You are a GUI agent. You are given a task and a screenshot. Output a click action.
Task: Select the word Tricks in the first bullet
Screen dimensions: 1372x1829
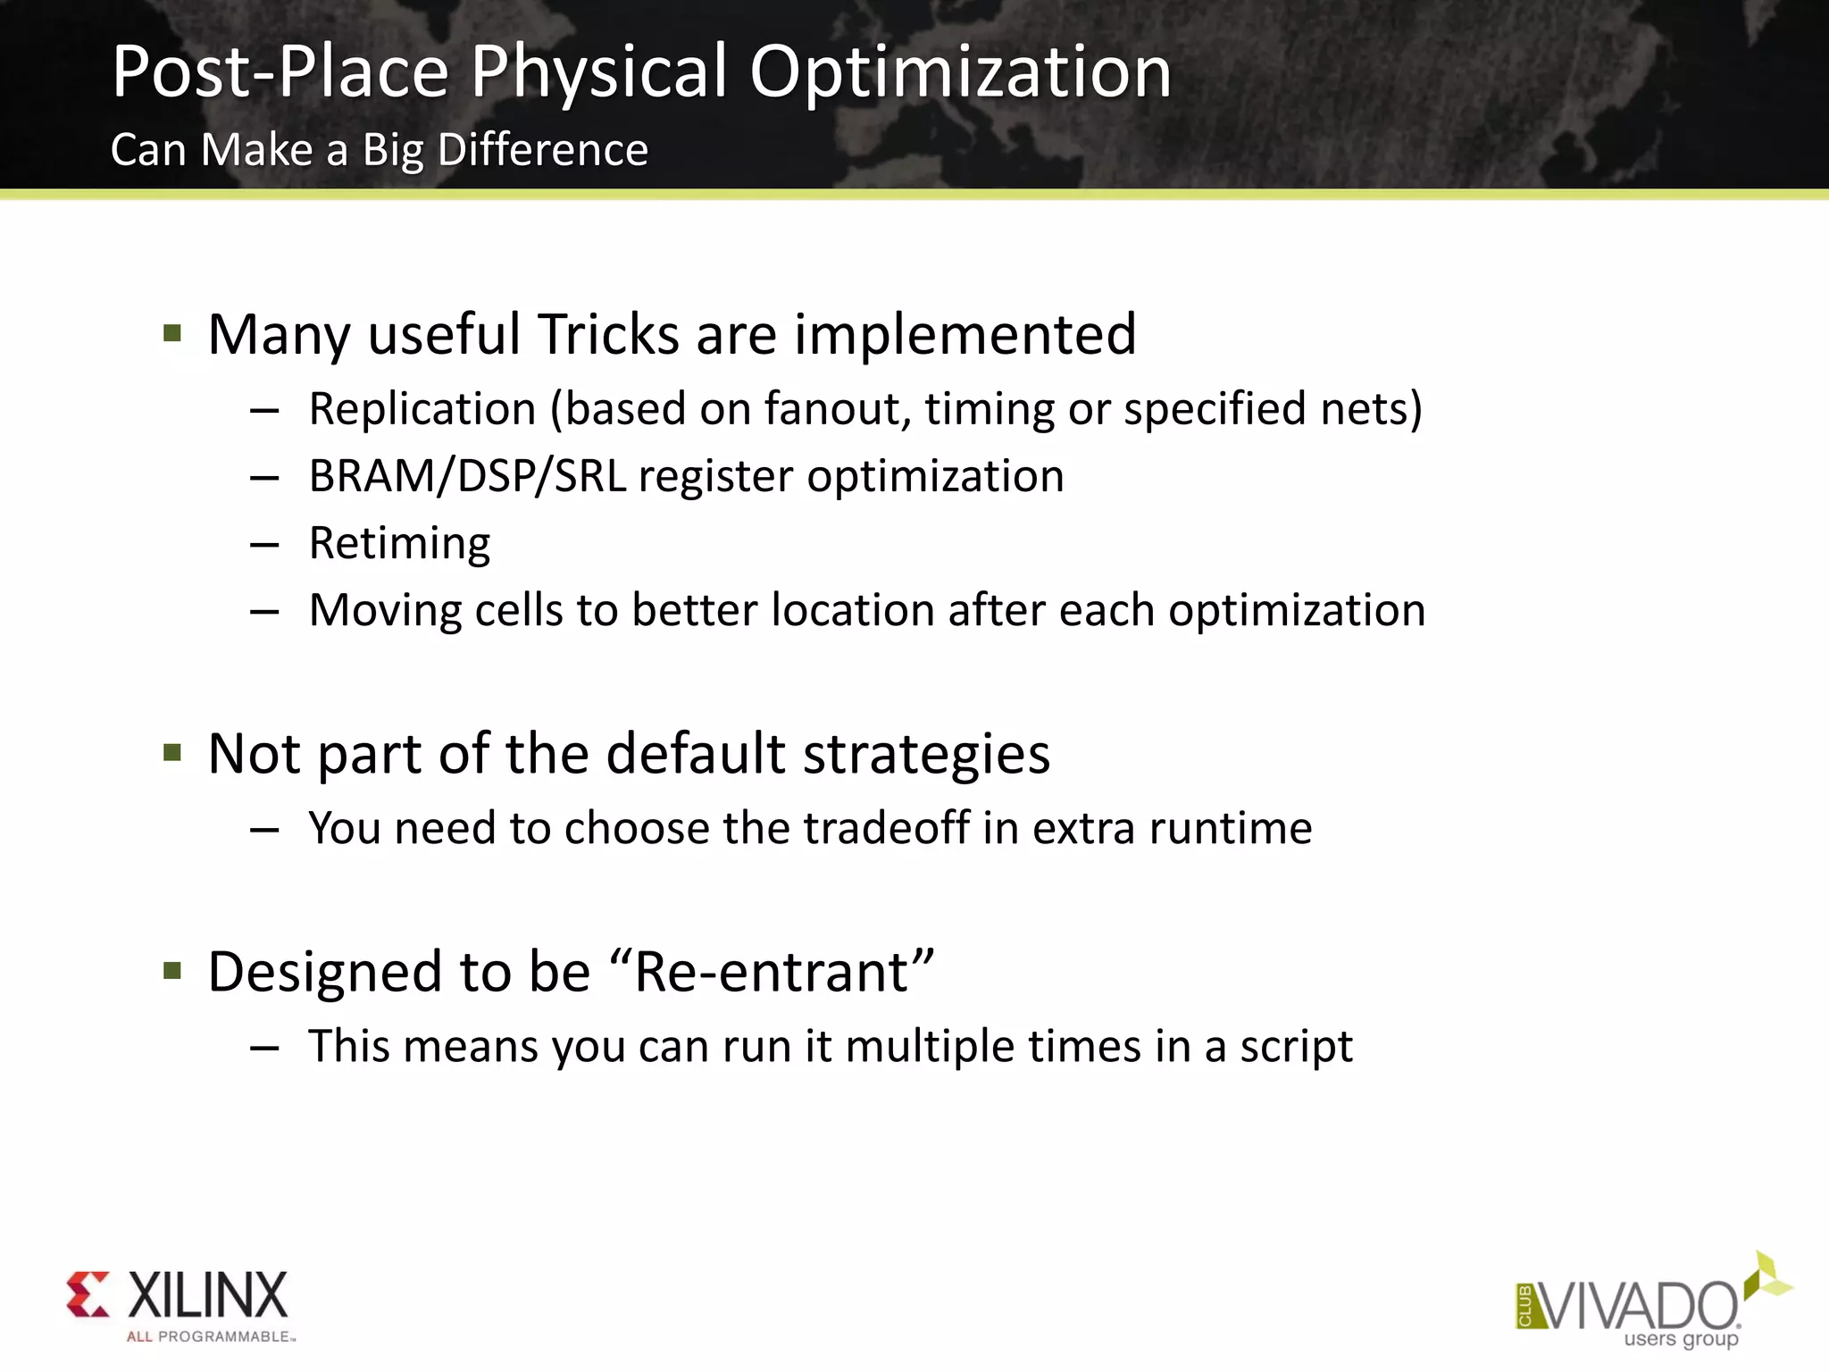point(607,335)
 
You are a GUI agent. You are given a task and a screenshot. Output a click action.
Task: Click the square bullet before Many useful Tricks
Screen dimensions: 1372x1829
point(173,335)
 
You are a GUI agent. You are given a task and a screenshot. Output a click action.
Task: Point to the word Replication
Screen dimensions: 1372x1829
point(422,409)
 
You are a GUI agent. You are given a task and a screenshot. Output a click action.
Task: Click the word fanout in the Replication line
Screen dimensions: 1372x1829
point(837,409)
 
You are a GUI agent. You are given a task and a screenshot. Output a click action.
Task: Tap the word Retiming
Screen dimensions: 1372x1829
point(399,543)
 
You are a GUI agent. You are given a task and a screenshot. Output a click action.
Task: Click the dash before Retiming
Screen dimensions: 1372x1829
point(264,545)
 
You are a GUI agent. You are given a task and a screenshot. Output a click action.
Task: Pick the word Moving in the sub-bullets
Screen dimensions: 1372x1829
point(384,611)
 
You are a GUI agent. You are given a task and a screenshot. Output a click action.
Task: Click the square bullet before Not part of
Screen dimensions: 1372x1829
point(173,753)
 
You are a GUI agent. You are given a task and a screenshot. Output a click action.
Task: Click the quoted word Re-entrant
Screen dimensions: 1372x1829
point(772,972)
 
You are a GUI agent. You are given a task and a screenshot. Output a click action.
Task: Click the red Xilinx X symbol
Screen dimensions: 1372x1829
point(88,1294)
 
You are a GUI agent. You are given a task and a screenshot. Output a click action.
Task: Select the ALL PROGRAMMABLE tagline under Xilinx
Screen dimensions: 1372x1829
point(210,1337)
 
